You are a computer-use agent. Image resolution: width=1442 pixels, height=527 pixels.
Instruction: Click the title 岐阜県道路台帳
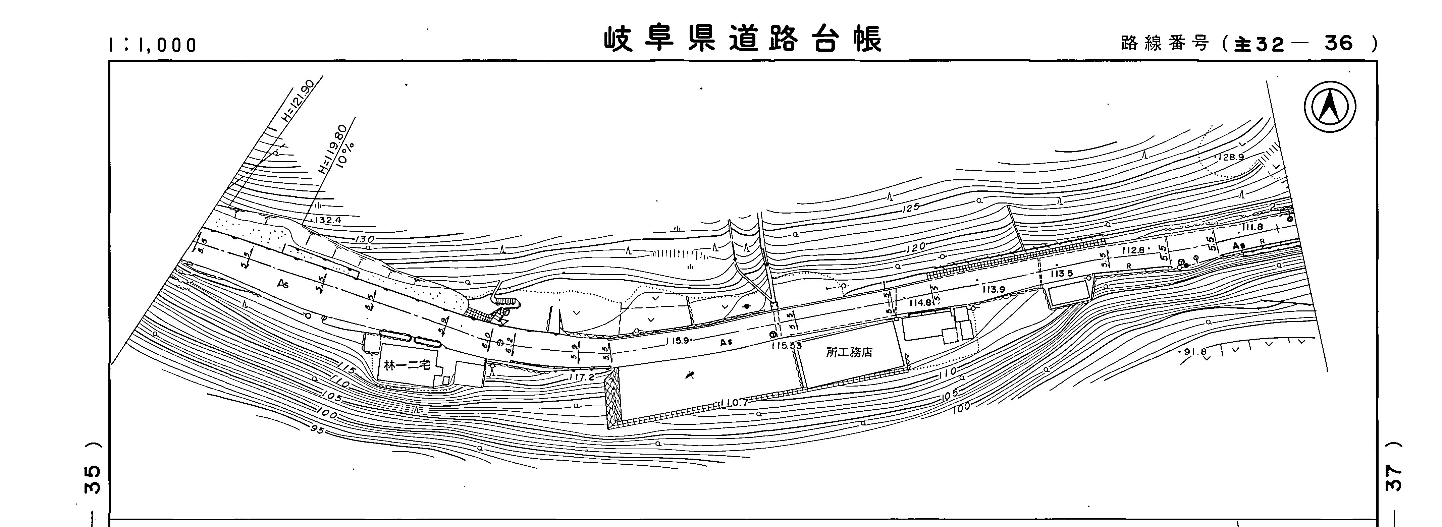point(743,40)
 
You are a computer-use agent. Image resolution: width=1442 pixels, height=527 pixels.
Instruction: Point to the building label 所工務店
point(849,352)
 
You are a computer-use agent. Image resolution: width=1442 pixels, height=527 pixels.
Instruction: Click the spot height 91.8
point(1194,352)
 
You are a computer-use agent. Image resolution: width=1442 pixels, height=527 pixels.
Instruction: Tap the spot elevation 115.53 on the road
point(786,346)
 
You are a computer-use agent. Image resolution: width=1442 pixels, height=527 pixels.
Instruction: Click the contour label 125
point(911,209)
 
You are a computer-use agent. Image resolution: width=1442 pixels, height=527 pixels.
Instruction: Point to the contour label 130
point(364,239)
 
